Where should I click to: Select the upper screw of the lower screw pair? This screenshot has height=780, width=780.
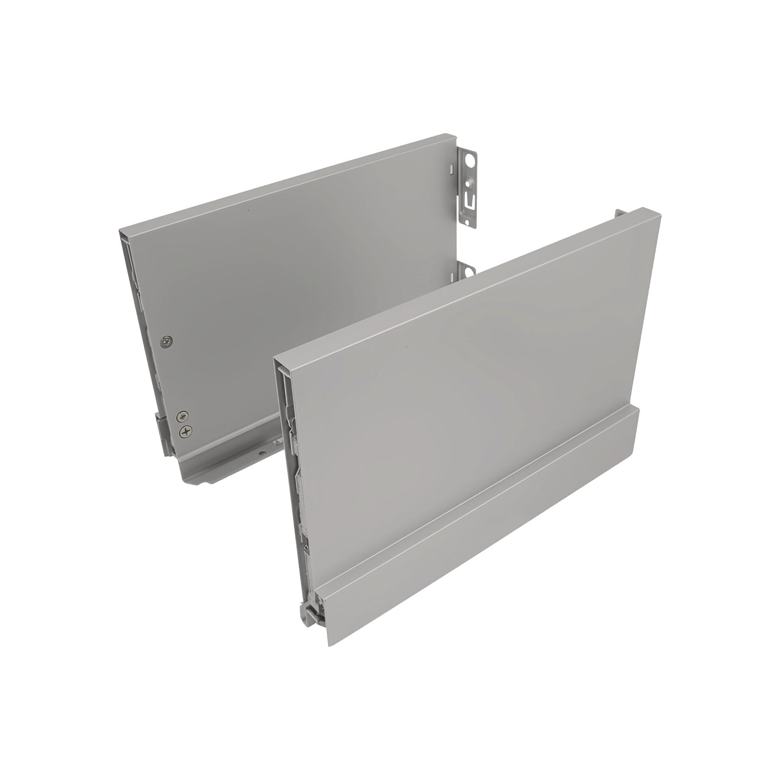coord(183,415)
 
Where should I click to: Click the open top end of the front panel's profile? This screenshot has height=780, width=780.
coord(283,362)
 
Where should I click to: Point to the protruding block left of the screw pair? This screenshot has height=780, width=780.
coord(161,428)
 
